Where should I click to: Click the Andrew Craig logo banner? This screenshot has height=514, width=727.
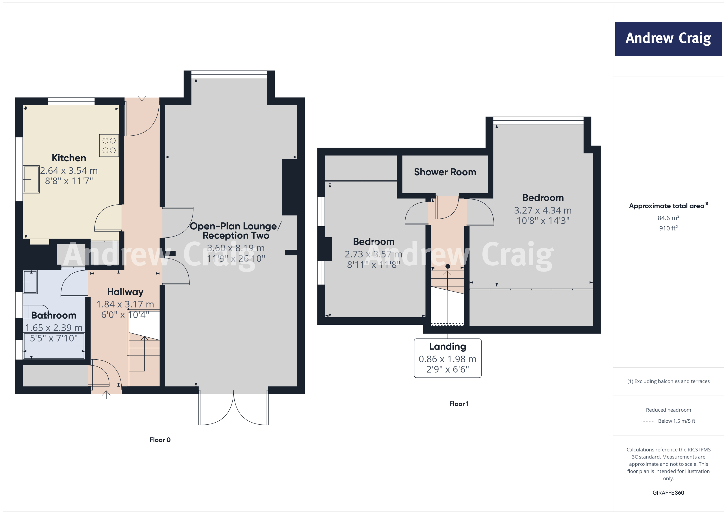pyautogui.click(x=668, y=39)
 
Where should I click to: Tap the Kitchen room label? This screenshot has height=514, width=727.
pyautogui.click(x=69, y=158)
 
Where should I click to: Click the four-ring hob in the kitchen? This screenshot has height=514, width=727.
pyautogui.click(x=109, y=146)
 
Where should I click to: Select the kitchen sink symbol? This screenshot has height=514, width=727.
pyautogui.click(x=31, y=179)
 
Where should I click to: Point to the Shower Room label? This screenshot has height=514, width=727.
pyautogui.click(x=445, y=172)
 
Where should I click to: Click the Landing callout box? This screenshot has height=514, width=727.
pyautogui.click(x=447, y=358)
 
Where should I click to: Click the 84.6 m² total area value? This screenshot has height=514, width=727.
pyautogui.click(x=668, y=218)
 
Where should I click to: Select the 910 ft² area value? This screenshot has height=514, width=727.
pyautogui.click(x=668, y=228)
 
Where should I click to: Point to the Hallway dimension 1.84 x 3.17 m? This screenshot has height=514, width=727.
pyautogui.click(x=125, y=304)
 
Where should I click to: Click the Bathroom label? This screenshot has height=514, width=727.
pyautogui.click(x=54, y=315)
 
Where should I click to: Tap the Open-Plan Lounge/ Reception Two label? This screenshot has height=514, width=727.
pyautogui.click(x=236, y=231)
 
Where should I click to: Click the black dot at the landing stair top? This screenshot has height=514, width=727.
pyautogui.click(x=447, y=266)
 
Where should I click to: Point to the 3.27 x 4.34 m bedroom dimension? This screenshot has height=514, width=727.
pyautogui.click(x=543, y=210)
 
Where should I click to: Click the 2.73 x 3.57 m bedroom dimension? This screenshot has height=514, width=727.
pyautogui.click(x=373, y=254)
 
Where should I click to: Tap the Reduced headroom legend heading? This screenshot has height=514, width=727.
pyautogui.click(x=668, y=410)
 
